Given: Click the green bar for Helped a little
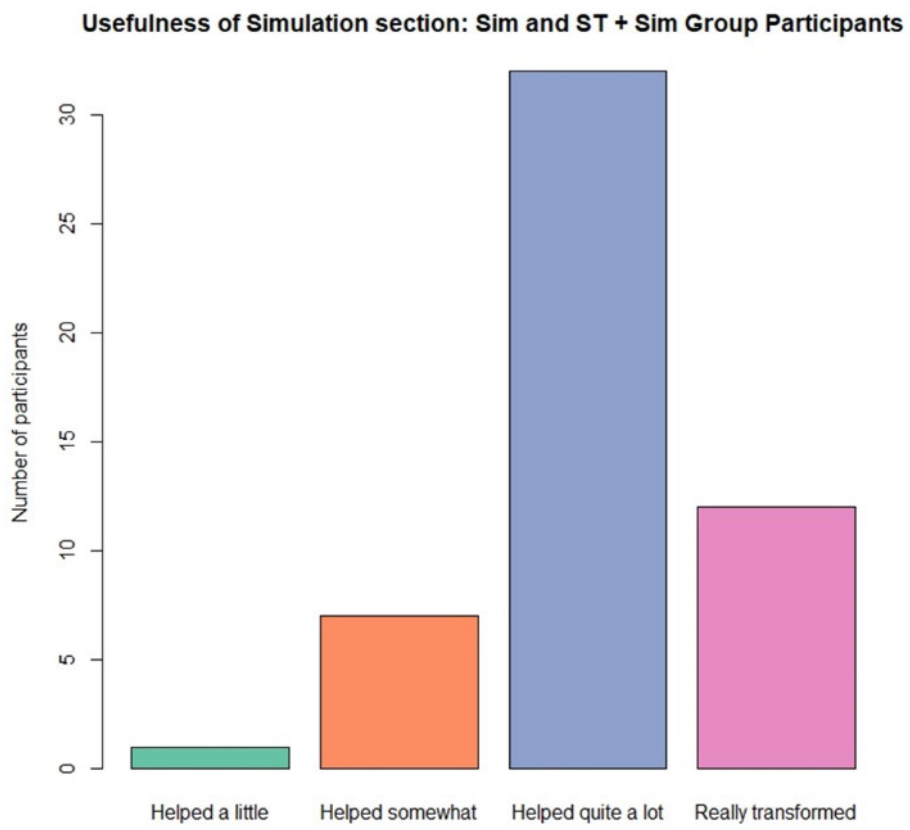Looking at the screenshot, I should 210,757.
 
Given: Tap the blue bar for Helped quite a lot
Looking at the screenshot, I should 588,420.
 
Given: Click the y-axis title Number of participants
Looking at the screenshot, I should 20,423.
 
